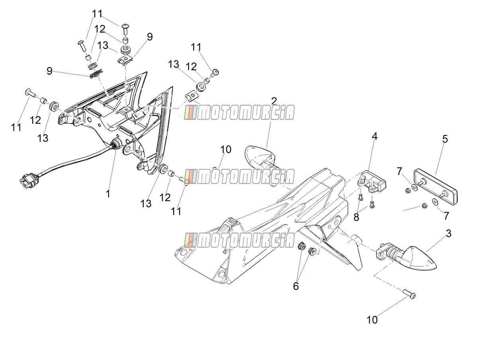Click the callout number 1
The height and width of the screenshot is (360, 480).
(x=108, y=194)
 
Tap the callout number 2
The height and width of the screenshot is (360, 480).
(x=274, y=101)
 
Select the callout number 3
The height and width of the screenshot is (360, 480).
(x=449, y=233)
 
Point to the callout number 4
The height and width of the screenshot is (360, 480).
(x=374, y=136)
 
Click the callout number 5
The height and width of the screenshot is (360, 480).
(x=445, y=139)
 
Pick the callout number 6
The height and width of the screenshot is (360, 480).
(x=296, y=286)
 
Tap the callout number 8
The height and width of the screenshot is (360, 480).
(x=356, y=217)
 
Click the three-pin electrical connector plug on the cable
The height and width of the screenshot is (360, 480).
(x=29, y=180)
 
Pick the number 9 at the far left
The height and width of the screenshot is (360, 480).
(x=50, y=71)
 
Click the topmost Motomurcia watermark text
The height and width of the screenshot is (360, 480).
(x=239, y=113)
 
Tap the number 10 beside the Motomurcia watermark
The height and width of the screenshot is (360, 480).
(x=226, y=149)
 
